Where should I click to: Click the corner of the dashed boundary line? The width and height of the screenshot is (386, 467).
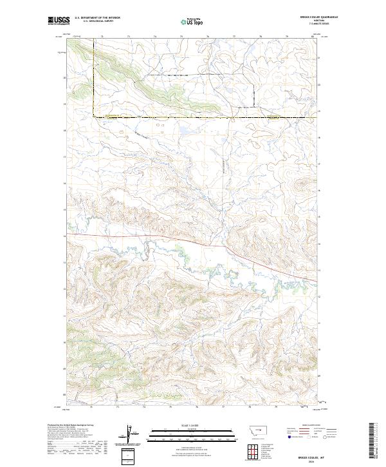click(93, 117)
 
